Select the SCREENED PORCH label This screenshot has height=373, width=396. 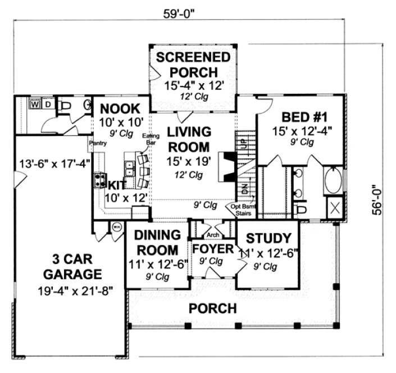click(x=193, y=65)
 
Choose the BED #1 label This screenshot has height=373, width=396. click(x=304, y=117)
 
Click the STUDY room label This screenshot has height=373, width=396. click(x=269, y=237)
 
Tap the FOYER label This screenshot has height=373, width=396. click(x=209, y=248)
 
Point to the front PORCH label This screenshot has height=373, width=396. click(x=212, y=308)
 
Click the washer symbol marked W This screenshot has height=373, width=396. click(x=35, y=104)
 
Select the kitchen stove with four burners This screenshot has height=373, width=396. click(x=101, y=180)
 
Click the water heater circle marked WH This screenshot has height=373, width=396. click(x=116, y=227)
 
